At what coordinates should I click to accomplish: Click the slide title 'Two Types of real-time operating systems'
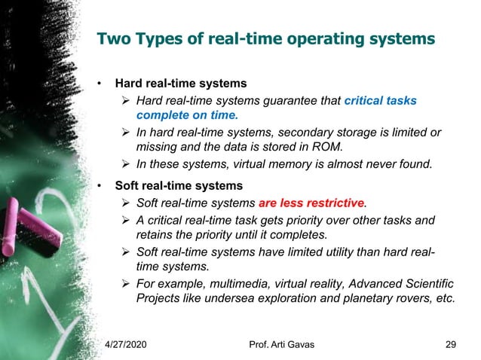pos(266,38)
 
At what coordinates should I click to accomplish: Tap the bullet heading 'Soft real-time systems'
pos(179,185)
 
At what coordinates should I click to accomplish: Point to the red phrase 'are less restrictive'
pos(311,203)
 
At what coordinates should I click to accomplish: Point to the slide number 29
pos(451,345)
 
